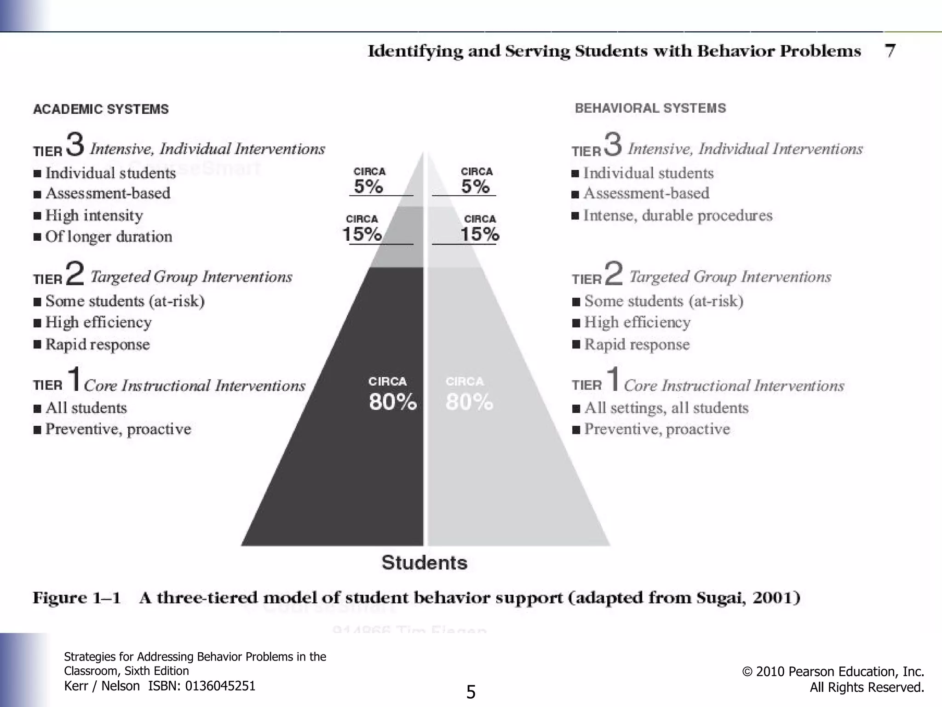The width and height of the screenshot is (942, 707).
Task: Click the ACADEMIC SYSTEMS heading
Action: click(x=101, y=109)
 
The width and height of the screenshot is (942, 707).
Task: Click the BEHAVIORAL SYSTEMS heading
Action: click(x=650, y=108)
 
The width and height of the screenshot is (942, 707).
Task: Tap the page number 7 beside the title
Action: click(x=890, y=51)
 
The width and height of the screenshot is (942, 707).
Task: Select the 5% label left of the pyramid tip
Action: click(x=368, y=186)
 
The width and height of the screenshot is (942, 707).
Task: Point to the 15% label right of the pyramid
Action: click(x=480, y=234)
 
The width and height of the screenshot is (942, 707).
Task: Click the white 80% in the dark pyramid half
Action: click(x=392, y=402)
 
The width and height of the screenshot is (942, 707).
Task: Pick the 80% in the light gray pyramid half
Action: click(x=469, y=402)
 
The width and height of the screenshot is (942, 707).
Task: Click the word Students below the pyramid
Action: click(x=424, y=562)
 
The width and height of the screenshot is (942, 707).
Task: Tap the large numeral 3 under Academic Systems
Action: click(x=75, y=144)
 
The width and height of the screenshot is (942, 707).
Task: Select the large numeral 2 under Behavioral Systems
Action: click(x=614, y=272)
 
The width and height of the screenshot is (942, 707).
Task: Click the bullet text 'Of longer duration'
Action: click(x=109, y=237)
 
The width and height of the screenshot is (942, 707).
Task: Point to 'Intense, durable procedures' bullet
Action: click(x=678, y=215)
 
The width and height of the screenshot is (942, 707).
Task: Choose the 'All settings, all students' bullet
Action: click(x=666, y=408)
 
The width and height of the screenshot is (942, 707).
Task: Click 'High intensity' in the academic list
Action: click(x=94, y=215)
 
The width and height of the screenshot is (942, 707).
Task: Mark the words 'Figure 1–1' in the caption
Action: click(x=76, y=598)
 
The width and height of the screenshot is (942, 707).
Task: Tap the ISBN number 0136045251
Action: click(x=220, y=686)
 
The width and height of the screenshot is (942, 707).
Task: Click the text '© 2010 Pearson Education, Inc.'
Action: click(x=833, y=672)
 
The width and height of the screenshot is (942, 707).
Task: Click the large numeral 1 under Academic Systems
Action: click(x=74, y=378)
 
